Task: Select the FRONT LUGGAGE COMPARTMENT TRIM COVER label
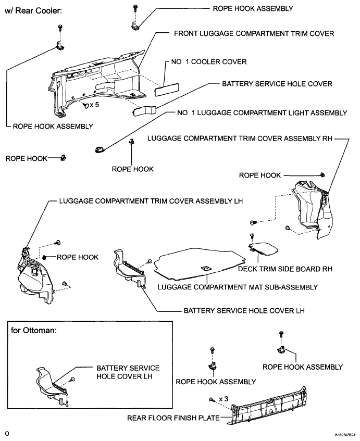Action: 254,33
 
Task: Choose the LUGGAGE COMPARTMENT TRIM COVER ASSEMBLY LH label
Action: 152,201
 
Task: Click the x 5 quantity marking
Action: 94,105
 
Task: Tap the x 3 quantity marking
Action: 223,398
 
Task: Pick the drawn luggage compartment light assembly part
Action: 99,149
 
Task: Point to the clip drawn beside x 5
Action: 85,105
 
